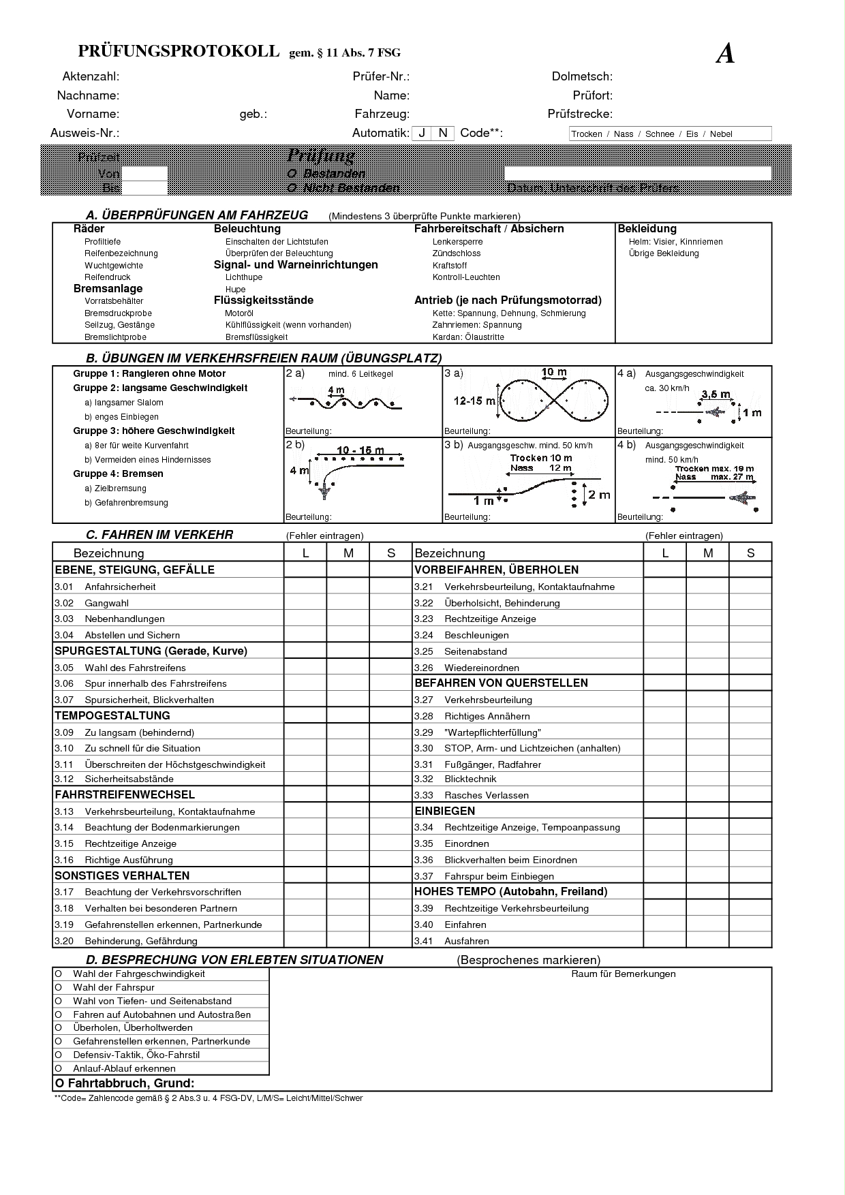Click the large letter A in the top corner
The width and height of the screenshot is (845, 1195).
(725, 54)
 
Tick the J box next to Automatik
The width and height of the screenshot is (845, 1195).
(422, 133)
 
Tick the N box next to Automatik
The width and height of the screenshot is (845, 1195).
(443, 133)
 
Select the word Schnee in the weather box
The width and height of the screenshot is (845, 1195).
(659, 134)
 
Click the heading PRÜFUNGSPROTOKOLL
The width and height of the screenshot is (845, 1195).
(179, 51)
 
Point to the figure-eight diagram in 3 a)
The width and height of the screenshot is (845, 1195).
(553, 399)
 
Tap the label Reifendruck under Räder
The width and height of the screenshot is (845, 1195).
(107, 277)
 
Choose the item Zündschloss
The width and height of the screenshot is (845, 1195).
(456, 253)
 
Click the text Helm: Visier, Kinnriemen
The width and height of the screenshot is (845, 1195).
(675, 242)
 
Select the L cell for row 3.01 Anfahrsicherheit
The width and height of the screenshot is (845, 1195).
(305, 587)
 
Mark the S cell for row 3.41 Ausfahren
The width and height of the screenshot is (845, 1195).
(750, 941)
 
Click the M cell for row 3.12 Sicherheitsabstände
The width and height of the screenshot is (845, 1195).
(348, 779)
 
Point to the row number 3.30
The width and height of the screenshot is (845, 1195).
(424, 748)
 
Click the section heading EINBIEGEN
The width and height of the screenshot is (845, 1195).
(444, 811)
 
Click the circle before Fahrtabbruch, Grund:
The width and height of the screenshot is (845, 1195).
(59, 1083)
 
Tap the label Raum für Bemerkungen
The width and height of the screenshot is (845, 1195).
(623, 974)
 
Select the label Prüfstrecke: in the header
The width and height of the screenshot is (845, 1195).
(579, 114)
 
